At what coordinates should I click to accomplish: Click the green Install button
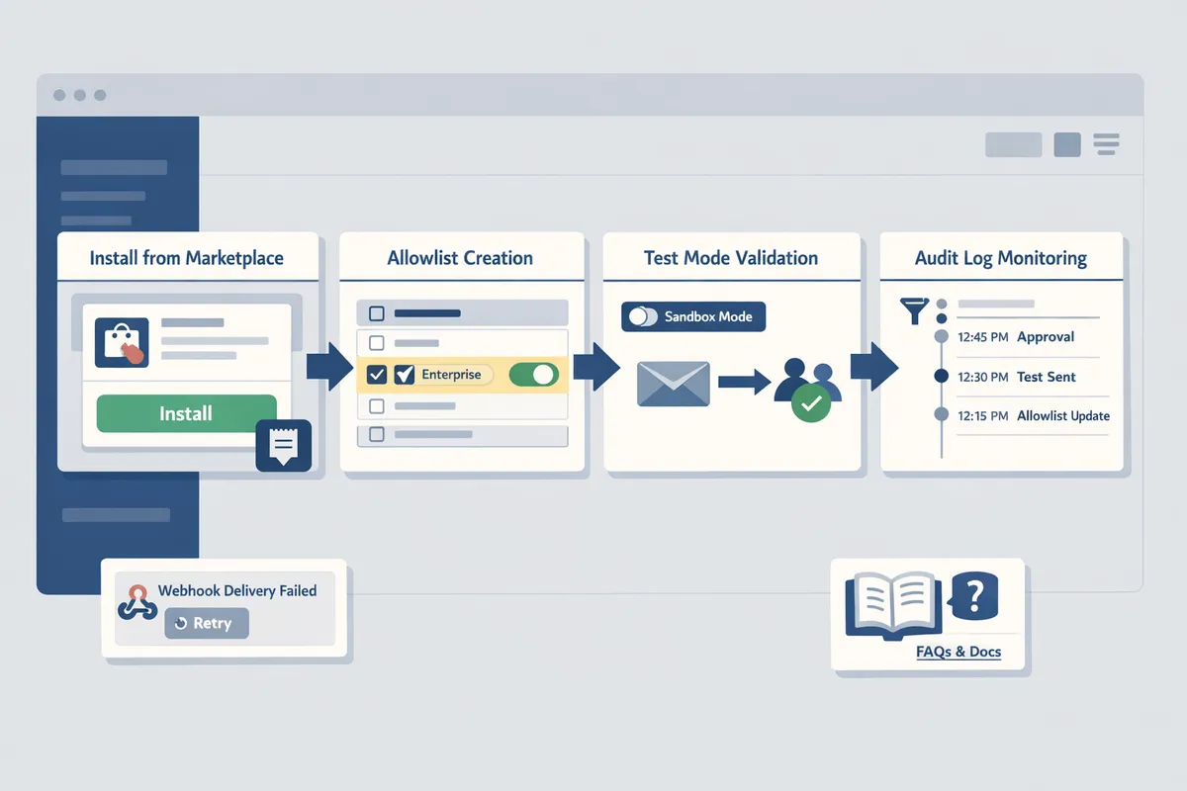186,413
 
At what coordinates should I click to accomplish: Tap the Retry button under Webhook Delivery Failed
206,623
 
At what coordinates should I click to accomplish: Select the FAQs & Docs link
958,653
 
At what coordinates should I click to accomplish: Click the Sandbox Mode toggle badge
693,316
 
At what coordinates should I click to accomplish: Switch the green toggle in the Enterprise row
533,375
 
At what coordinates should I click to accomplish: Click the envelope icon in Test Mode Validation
673,383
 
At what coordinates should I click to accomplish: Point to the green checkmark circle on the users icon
811,402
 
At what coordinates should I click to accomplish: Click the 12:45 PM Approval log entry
1016,337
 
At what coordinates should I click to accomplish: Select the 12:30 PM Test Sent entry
1016,377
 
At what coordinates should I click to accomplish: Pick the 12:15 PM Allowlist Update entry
1034,416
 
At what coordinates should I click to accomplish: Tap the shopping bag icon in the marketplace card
121,343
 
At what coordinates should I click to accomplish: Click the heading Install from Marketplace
186,258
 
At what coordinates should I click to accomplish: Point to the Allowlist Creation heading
460,258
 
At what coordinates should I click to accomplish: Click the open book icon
890,604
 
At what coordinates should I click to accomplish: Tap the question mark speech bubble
974,595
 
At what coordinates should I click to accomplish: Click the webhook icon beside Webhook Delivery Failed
137,601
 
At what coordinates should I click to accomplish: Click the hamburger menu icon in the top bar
1106,144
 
